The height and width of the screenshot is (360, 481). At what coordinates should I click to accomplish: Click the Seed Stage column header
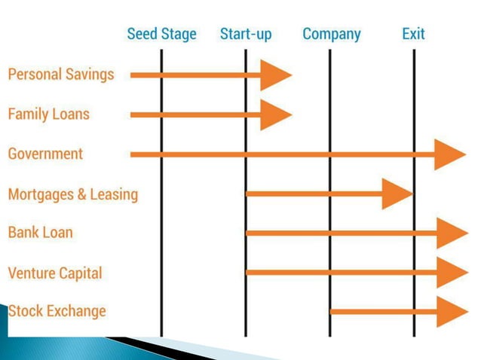(x=161, y=34)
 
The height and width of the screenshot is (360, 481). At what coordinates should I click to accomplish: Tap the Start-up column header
(x=246, y=34)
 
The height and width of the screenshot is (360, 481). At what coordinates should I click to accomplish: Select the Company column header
(x=331, y=34)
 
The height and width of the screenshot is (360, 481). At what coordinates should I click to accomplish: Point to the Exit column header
(x=413, y=34)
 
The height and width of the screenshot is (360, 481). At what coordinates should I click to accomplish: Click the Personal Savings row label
(x=61, y=75)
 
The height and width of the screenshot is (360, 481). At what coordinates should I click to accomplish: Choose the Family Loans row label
(x=48, y=114)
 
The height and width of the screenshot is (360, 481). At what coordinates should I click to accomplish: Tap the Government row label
(x=45, y=154)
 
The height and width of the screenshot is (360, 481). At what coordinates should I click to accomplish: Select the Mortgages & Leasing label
(x=73, y=194)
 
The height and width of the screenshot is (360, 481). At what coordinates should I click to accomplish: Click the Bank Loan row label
(x=41, y=232)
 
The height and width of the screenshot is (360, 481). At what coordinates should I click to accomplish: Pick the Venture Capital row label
(x=55, y=272)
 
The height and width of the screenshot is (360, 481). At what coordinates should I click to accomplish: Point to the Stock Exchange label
(x=57, y=311)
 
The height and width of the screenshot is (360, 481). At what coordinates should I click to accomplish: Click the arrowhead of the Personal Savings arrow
(x=276, y=75)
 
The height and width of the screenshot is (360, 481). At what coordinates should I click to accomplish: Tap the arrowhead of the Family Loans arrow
(x=276, y=114)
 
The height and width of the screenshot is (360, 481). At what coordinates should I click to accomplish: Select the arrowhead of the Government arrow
(x=450, y=154)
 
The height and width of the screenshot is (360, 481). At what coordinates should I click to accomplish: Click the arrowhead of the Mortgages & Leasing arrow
(x=397, y=194)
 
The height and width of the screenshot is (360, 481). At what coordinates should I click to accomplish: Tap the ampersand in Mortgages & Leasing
(x=81, y=194)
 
